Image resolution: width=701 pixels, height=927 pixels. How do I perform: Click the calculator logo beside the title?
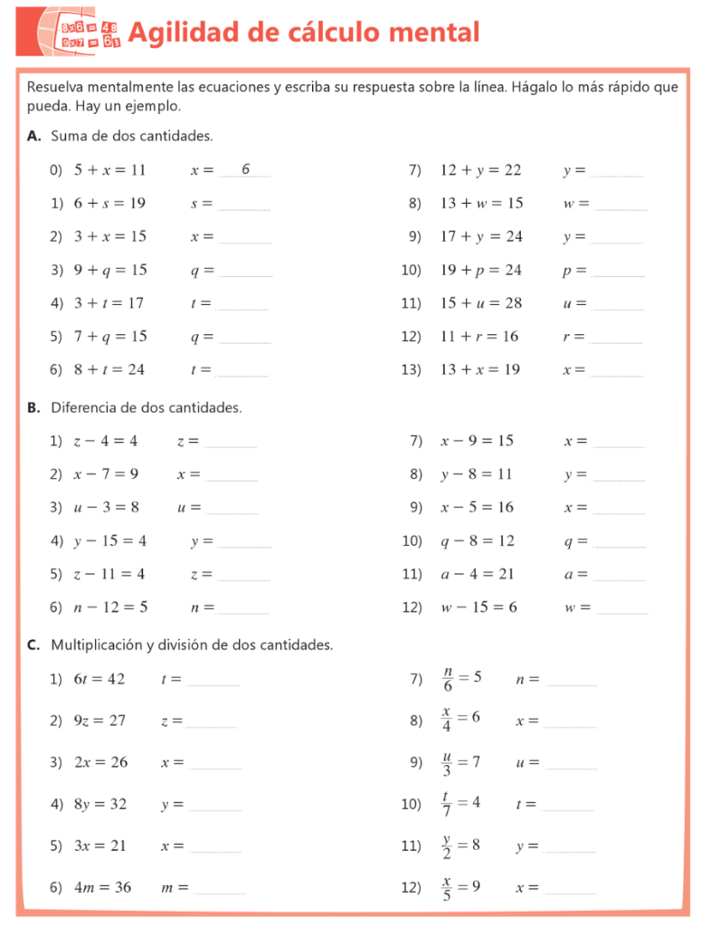pos(80,33)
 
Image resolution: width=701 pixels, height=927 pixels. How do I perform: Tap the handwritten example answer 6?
pos(245,168)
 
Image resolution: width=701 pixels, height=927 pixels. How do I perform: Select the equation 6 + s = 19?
pos(109,203)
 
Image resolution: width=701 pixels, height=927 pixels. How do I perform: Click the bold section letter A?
pos(33,136)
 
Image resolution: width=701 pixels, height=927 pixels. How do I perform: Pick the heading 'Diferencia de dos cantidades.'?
pos(146,407)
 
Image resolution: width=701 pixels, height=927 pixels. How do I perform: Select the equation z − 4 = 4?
pos(106,441)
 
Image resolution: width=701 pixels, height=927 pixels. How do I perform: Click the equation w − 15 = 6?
pos(479,607)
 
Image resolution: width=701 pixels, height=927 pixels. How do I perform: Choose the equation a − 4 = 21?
pos(478,574)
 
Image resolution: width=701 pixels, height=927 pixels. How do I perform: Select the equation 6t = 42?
pos(99,679)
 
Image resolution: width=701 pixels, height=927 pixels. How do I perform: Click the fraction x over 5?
pos(447,889)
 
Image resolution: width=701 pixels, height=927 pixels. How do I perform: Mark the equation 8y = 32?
pos(100,804)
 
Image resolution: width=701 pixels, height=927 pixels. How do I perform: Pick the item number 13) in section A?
pos(412,369)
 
